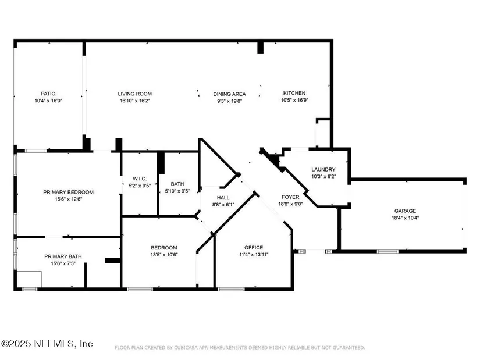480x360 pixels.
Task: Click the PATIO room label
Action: (x=48, y=94)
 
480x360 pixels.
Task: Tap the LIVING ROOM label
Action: (x=135, y=94)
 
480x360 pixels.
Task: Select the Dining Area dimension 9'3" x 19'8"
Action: (x=230, y=101)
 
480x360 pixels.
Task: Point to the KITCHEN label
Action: (x=294, y=93)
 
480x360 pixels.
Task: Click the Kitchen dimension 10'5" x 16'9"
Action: (x=294, y=100)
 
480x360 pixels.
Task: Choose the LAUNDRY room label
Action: (x=323, y=169)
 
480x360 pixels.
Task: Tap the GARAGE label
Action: (x=405, y=211)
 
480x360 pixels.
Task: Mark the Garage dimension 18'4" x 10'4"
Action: (x=406, y=218)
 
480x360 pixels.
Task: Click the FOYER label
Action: (x=290, y=197)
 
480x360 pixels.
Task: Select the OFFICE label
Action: (x=254, y=247)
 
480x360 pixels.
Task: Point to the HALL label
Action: (x=223, y=198)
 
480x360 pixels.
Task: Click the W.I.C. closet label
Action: (x=140, y=179)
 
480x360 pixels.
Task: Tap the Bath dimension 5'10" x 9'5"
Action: (x=177, y=191)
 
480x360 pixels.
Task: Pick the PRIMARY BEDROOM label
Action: (x=68, y=193)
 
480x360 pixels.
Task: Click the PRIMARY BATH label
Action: (x=63, y=256)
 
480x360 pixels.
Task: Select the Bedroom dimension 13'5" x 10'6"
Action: (x=164, y=255)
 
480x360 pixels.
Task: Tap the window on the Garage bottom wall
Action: (x=387, y=252)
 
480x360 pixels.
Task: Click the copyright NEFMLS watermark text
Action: (x=47, y=344)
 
